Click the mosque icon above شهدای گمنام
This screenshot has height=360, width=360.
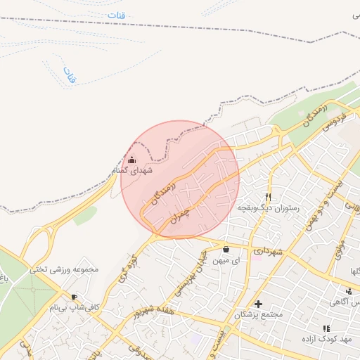[x=131, y=160]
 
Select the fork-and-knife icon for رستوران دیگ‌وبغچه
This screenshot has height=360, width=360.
[x=267, y=198]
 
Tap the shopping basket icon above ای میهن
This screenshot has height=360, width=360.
[x=226, y=249]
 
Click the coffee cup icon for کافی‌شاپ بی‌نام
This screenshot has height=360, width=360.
[x=74, y=297]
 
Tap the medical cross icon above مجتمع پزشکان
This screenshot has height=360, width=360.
[x=259, y=304]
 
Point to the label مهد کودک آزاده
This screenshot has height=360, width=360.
[x=326, y=340]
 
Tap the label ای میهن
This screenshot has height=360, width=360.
[x=226, y=260]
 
